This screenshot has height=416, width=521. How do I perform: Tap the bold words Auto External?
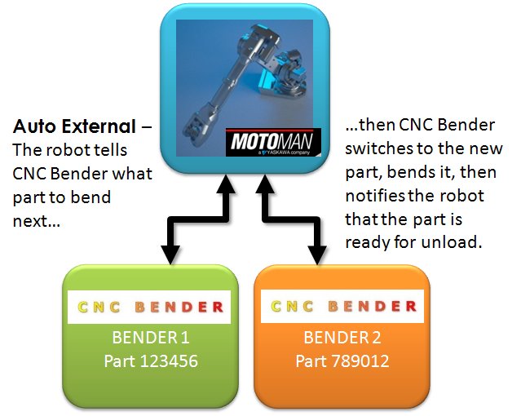pos(73,127)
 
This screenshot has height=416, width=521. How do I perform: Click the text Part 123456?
pos(150,359)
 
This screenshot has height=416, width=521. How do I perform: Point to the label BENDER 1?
pos(150,337)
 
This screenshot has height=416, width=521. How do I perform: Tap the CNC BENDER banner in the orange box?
pos(343,307)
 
